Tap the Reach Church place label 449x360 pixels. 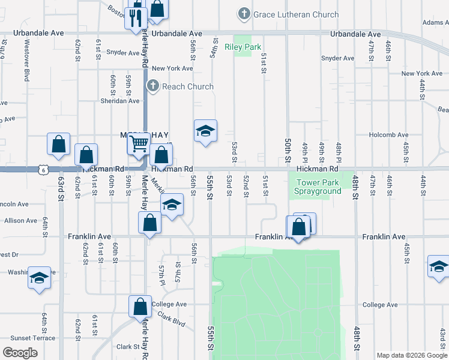pos(187,86)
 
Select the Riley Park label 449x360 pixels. pos(243,46)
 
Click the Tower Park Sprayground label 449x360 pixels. pos(318,187)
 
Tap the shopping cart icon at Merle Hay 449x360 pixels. pos(139,144)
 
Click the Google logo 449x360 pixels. pos(20,353)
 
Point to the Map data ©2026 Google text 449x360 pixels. pos(411,355)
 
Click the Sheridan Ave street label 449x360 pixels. pos(119,101)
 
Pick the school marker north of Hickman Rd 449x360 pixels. pos(205,131)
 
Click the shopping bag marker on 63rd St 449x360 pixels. pos(58,145)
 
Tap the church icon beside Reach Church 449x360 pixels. pos(153,86)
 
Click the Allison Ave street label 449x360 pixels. pos(21,221)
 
